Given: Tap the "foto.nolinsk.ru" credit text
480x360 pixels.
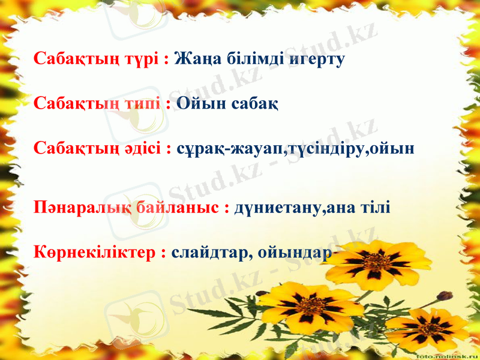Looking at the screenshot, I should click(447, 355).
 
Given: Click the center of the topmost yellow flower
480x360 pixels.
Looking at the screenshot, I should click(377, 262).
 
